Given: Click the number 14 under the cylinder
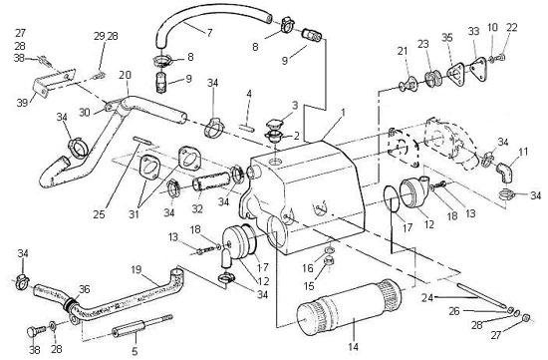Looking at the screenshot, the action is pos(354,346).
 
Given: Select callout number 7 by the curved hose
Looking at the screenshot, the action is pos(209,33).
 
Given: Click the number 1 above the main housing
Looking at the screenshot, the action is pos(343,113).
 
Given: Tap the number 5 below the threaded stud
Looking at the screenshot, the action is pos(135,351).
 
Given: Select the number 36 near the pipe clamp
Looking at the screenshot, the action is pos(85,289).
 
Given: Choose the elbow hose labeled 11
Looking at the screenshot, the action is pos(506,173).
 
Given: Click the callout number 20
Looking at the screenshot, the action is pos(125,76).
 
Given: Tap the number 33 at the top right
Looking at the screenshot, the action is pos(473,32).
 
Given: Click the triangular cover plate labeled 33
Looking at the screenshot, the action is pos(477,71).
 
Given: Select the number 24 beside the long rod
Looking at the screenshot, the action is pos(427,298).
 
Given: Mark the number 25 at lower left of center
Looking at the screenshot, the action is pos(99,214).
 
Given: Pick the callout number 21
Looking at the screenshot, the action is pos(403,51).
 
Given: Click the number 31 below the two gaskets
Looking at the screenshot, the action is pos(134,214).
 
